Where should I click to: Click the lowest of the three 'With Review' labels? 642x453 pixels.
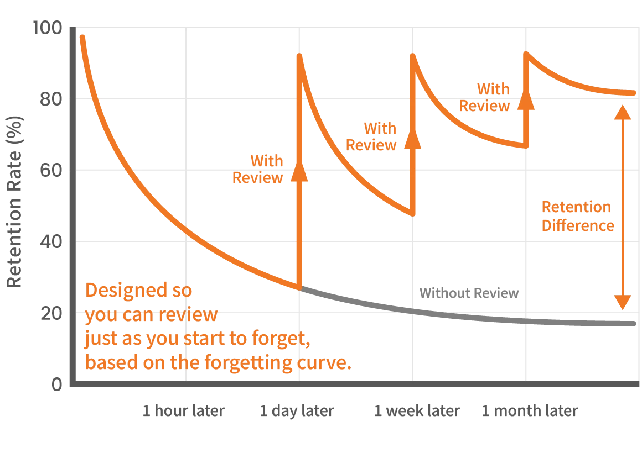tap(258, 170)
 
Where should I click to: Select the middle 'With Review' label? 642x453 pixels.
tap(372, 137)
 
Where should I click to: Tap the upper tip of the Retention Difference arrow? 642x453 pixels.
tap(623, 110)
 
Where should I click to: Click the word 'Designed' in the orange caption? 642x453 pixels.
tap(120, 291)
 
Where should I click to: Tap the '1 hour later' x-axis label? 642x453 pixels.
tap(183, 413)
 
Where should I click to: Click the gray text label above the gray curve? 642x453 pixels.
tap(468, 293)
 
